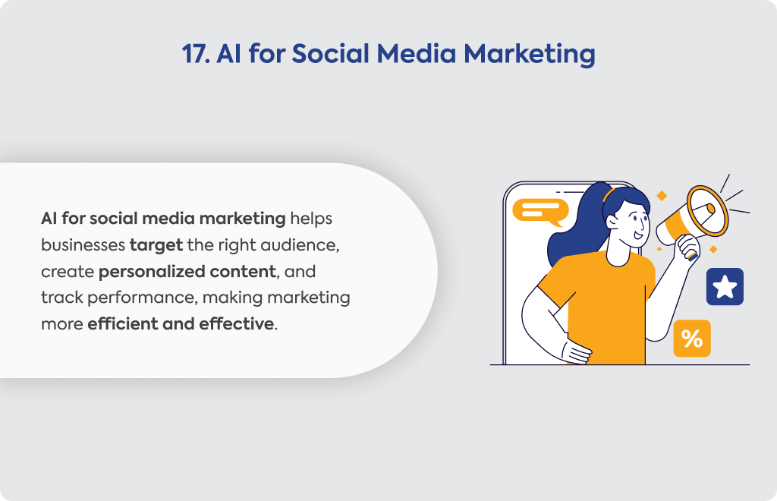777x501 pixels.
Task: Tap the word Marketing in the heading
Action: coord(529,55)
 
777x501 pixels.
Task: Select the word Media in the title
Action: coord(417,54)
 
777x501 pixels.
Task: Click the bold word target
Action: coord(156,245)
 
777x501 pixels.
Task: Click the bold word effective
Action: coord(237,324)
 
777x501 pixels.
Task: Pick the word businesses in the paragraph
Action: coord(83,245)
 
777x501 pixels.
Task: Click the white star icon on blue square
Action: coord(725,287)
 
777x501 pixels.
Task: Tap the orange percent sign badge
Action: coord(692,339)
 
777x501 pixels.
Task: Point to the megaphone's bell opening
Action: coord(708,210)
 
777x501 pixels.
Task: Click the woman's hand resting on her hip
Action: coord(576,353)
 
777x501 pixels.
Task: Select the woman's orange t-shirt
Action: coord(602,307)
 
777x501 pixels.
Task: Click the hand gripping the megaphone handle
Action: coord(688,246)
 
